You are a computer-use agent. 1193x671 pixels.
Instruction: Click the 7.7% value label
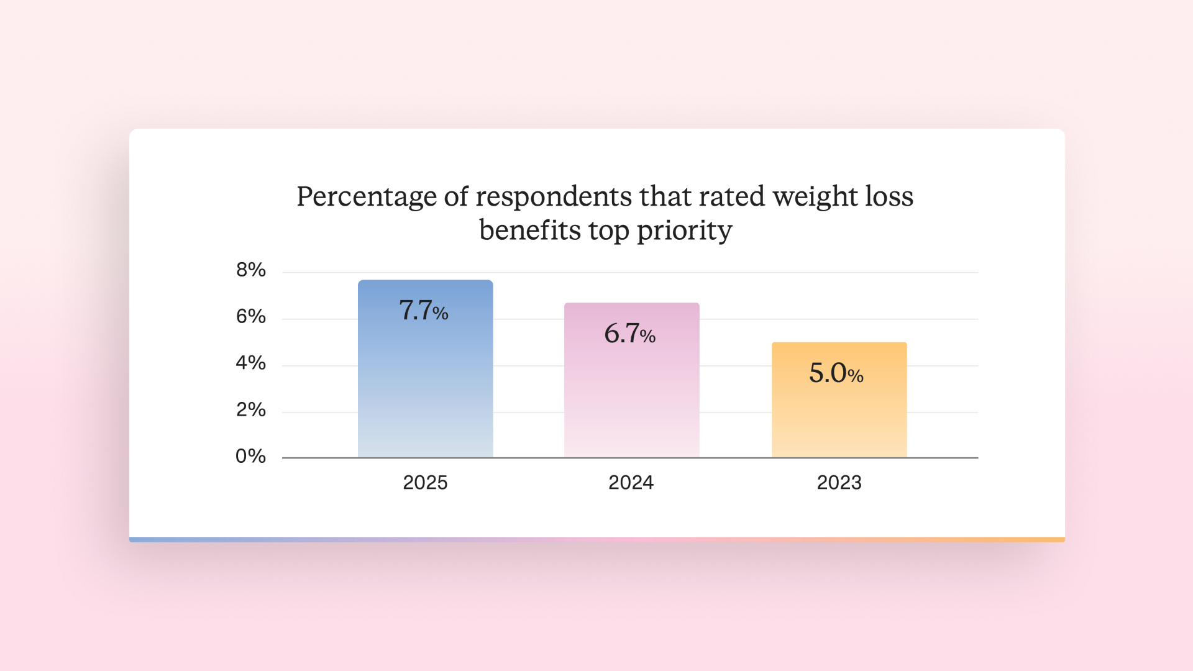point(423,310)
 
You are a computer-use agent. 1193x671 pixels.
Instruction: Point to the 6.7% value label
point(629,334)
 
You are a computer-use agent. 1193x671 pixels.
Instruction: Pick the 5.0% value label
point(836,373)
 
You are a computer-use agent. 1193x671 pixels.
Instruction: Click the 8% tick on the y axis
point(250,270)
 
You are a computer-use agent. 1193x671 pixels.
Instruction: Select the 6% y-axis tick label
point(250,316)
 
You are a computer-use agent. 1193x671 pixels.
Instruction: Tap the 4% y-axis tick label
point(250,363)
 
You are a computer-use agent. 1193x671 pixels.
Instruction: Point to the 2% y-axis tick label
point(250,409)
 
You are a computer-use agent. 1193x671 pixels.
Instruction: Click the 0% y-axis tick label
point(250,456)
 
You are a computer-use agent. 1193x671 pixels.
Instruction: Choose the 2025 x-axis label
point(425,482)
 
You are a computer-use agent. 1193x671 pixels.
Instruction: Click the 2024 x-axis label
point(631,482)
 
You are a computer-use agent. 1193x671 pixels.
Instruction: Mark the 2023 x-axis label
point(839,482)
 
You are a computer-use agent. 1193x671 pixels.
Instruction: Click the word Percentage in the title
point(367,198)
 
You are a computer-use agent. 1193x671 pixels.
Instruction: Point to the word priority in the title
point(684,231)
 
